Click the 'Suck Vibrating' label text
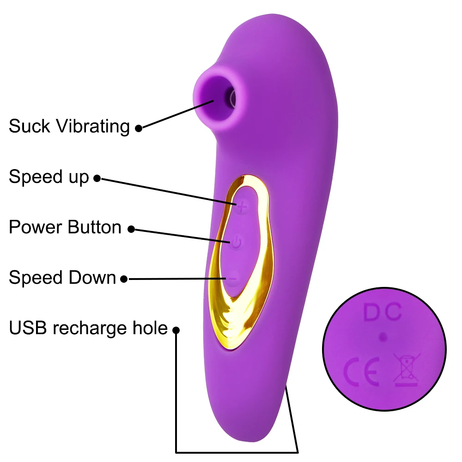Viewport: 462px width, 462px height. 69,126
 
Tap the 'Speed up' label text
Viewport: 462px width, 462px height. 49,176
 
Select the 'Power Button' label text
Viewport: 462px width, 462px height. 65,227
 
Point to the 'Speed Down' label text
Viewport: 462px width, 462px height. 62,278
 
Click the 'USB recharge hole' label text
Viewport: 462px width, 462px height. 88,328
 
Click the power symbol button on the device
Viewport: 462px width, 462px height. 236,243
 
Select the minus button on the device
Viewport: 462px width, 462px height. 233,279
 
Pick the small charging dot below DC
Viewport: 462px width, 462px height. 382,337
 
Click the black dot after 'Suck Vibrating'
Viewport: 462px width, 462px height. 138,128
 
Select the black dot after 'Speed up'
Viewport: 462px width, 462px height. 97,178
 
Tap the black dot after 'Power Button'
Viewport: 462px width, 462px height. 131,229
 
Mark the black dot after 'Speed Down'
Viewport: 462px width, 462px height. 124,279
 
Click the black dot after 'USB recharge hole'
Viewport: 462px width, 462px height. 176,330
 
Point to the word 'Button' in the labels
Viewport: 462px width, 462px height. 94,227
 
